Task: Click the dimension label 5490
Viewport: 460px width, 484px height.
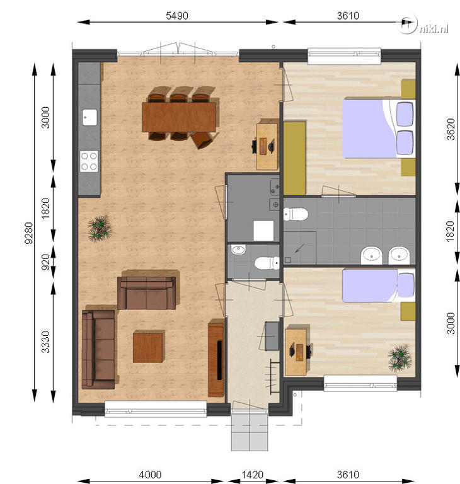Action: (177, 15)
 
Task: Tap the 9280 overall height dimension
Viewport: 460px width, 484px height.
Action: (29, 233)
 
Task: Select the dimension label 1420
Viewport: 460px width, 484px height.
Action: (253, 475)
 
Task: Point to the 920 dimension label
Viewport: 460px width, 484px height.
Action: (45, 262)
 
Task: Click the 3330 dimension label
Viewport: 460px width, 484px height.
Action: (45, 342)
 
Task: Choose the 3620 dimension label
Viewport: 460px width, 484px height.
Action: (451, 129)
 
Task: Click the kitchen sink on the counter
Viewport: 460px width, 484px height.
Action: (89, 117)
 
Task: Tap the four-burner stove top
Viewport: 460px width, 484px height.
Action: (89, 161)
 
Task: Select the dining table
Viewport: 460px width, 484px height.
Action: (179, 117)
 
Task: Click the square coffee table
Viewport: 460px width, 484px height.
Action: (148, 346)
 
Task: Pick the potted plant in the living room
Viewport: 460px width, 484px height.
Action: (100, 228)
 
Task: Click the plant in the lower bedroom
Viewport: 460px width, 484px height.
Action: (400, 358)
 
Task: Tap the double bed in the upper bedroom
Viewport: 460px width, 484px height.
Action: (379, 129)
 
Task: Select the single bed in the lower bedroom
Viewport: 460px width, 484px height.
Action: (379, 285)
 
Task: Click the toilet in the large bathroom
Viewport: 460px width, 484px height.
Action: (296, 214)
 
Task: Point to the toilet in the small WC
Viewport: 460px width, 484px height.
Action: (267, 263)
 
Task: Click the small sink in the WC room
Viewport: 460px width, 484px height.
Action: (238, 250)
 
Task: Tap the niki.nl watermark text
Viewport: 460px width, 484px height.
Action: (434, 29)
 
